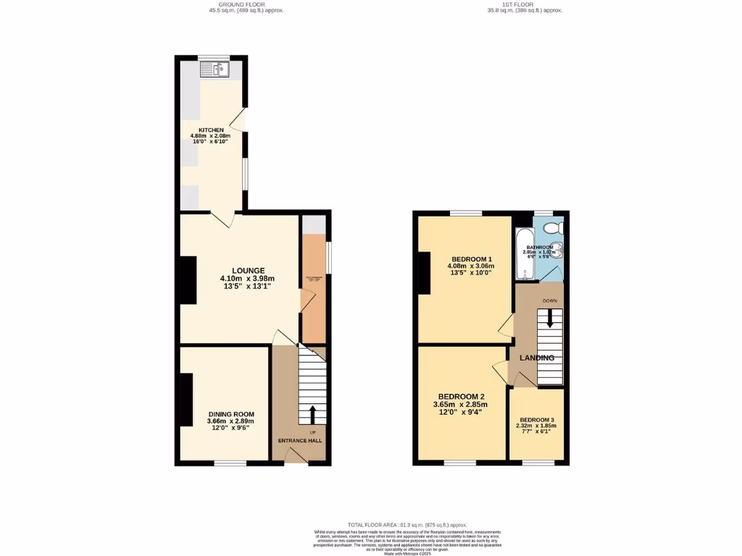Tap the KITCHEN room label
(x=207, y=130)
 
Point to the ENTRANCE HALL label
(x=300, y=440)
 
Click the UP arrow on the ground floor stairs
(x=312, y=415)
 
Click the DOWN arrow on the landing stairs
(x=550, y=318)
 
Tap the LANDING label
(x=537, y=358)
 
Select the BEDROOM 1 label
(x=471, y=259)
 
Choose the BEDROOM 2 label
(x=459, y=397)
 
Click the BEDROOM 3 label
(x=537, y=420)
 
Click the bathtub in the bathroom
(x=524, y=253)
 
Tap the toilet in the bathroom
(x=553, y=228)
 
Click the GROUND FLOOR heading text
(x=241, y=4)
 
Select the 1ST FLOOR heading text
(x=524, y=4)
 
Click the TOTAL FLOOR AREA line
(x=407, y=524)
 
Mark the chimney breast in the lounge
(x=188, y=280)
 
